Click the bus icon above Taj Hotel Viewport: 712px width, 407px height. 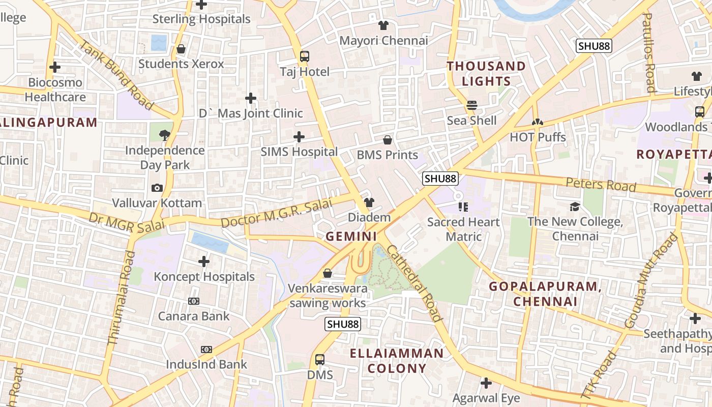tap(305, 56)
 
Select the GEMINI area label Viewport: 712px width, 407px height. tap(351, 237)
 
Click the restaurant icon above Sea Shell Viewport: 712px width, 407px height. tap(472, 105)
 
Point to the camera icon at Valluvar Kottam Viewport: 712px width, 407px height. tap(157, 188)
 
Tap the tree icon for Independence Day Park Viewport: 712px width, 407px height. tap(164, 135)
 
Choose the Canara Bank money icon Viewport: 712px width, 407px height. tap(194, 301)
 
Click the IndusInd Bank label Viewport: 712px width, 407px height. tap(206, 364)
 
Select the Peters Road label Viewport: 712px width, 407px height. tap(601, 184)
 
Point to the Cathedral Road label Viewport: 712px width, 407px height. tap(414, 283)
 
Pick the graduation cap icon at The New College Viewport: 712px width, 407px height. tap(575, 207)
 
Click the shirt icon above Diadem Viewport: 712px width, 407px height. tap(369, 202)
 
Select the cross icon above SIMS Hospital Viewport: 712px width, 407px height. tap(299, 136)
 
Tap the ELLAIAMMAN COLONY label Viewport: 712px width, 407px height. tap(397, 361)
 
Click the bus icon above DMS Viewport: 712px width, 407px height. tap(319, 360)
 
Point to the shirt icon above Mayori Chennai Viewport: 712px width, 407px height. tap(383, 25)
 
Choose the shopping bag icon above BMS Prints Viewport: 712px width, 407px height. tap(388, 140)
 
